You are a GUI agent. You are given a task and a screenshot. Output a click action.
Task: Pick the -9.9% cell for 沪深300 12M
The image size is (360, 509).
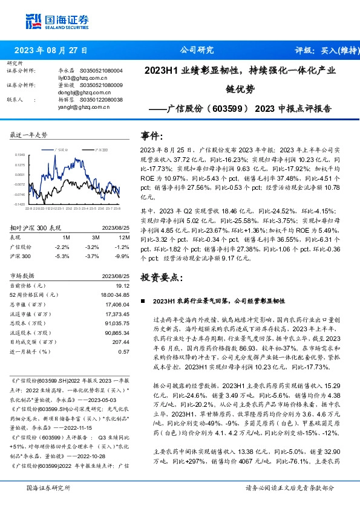tap(122, 256)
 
